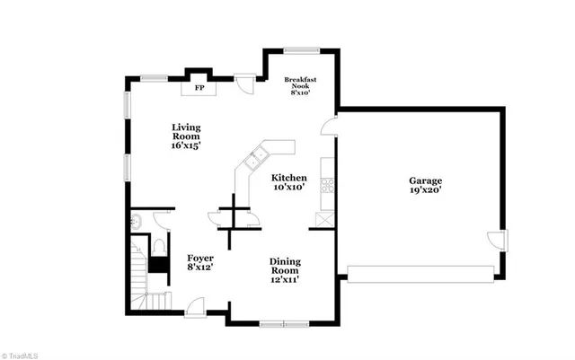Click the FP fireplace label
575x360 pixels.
pyautogui.click(x=199, y=88)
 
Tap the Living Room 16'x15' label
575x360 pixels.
pyautogui.click(x=186, y=135)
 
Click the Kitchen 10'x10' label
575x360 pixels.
pyautogui.click(x=289, y=182)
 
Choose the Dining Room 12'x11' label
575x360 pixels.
pyautogui.click(x=285, y=269)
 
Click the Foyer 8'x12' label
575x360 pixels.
pyautogui.click(x=199, y=261)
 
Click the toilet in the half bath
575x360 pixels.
pyautogui.click(x=158, y=245)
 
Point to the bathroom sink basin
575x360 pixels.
pyautogui.click(x=136, y=221)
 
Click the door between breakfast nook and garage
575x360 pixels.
pyautogui.click(x=331, y=125)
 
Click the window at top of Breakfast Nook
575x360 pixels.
pyautogui.click(x=302, y=49)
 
